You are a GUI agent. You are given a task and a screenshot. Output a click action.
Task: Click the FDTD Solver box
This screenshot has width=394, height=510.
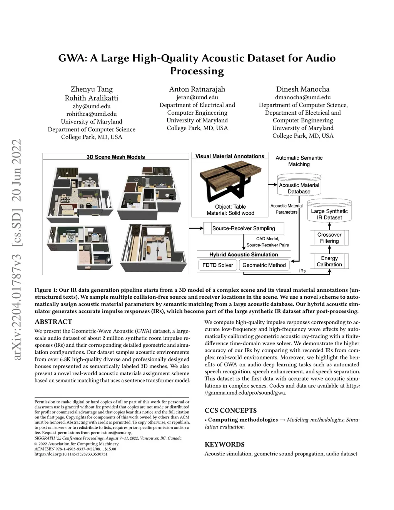point(217,265)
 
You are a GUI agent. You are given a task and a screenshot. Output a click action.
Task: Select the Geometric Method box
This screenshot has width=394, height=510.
point(264,265)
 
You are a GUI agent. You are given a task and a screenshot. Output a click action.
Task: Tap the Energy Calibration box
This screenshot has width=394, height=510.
point(329,261)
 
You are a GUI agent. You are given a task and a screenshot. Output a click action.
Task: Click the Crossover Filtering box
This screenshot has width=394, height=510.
point(329,238)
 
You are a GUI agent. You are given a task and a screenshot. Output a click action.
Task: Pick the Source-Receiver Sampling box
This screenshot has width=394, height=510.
point(244,228)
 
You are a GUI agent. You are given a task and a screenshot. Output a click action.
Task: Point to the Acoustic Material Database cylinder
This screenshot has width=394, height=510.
point(299,187)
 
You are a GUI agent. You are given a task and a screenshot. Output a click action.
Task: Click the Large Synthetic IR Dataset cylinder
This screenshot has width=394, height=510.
point(329,213)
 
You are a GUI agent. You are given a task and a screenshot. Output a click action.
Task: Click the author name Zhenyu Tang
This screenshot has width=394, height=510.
point(92,89)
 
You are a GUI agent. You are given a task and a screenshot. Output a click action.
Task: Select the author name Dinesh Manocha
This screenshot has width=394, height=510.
point(303,89)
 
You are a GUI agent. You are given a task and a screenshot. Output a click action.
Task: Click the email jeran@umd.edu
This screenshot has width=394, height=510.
point(197,97)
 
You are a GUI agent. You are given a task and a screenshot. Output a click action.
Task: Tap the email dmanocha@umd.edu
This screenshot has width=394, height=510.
point(303,97)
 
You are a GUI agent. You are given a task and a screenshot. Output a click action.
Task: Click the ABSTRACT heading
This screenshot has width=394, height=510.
point(53,322)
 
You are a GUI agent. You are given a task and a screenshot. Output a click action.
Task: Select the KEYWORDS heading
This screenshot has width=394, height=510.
point(224,445)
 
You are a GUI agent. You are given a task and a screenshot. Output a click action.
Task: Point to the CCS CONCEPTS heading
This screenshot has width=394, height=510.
point(230,410)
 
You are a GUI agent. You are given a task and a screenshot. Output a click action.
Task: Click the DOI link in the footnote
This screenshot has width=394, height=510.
point(71,454)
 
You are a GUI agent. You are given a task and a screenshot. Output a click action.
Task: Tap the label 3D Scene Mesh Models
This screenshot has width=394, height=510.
point(115,157)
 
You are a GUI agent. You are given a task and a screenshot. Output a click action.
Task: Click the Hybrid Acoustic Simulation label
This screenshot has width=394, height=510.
point(244,255)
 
